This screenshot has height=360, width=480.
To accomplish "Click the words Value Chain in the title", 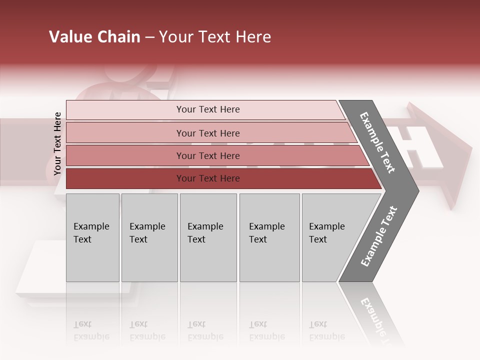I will point(94,37).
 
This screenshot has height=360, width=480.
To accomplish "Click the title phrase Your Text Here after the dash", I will point(215,37).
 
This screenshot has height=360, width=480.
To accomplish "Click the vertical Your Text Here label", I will point(57,143).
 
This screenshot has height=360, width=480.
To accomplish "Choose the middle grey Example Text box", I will point(208,237).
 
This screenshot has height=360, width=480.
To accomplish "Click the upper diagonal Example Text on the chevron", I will point(377,142).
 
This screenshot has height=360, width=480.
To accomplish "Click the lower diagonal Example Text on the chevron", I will point(378,236).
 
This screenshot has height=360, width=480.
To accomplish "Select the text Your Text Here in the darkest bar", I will point(208,178).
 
